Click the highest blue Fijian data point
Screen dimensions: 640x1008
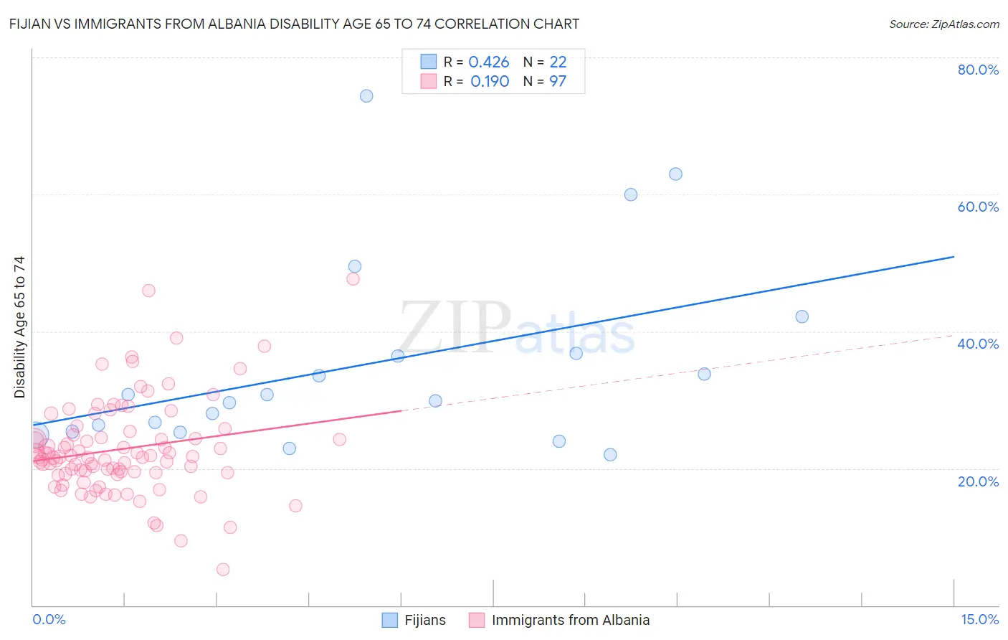[x=366, y=96]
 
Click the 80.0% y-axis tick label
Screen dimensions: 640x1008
[x=978, y=70]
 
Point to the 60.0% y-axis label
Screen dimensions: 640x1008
[x=978, y=207]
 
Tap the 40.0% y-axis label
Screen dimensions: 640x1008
[x=978, y=344]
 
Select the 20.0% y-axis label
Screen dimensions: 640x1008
[x=978, y=481]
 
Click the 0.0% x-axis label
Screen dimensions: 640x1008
[x=49, y=619]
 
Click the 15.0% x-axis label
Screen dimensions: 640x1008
[x=979, y=619]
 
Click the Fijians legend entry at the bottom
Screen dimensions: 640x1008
[x=424, y=620]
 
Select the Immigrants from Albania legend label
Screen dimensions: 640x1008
[x=570, y=620]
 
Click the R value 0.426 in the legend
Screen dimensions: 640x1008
[x=489, y=62]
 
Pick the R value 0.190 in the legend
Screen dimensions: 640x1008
[x=490, y=82]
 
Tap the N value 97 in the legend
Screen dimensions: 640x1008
[x=558, y=82]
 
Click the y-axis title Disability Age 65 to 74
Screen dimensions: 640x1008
[x=19, y=327]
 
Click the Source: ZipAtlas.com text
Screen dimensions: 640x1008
[x=943, y=24]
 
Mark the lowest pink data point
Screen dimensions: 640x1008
[x=223, y=570]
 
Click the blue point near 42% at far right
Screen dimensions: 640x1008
[x=802, y=317]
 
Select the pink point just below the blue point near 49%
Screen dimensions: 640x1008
[x=353, y=279]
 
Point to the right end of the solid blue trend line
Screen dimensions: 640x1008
[x=954, y=256]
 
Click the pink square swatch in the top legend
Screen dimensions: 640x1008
[x=428, y=82]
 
